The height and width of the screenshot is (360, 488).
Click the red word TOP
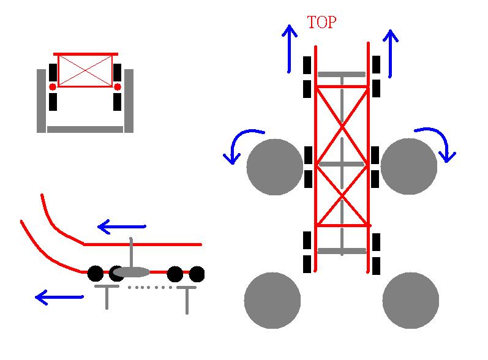tap(321, 23)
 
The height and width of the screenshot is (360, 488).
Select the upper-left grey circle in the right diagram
tap(275, 167)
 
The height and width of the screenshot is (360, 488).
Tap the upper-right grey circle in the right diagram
tap(409, 167)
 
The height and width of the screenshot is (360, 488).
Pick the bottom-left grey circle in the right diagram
tap(272, 301)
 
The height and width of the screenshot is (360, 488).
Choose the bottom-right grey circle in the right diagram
tap(411, 301)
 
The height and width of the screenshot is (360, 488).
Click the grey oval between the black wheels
tap(131, 272)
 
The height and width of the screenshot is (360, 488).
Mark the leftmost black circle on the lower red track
tap(95, 273)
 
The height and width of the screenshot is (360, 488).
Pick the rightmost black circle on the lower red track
tap(197, 274)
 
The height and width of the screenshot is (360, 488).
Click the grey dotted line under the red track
tap(150, 287)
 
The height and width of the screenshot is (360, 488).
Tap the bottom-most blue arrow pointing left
tap(59, 298)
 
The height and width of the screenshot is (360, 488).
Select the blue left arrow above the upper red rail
tap(122, 227)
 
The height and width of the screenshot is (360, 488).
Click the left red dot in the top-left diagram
tap(53, 87)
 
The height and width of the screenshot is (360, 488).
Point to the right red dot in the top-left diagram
tap(118, 87)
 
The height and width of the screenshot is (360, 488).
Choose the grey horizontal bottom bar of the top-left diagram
tap(85, 129)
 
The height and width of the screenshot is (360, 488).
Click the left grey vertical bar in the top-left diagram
tap(41, 100)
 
